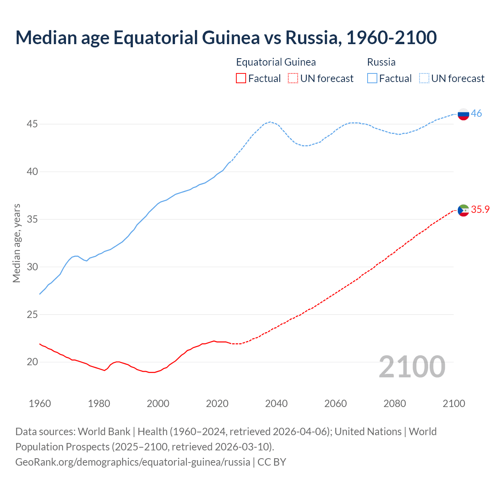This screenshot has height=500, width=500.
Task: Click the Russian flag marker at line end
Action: point(463,114)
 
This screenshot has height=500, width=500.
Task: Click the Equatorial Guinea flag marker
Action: point(463,210)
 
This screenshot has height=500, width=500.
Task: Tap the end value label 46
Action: point(476,114)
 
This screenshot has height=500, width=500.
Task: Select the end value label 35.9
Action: point(480,210)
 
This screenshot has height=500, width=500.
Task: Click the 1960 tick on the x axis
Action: point(40,404)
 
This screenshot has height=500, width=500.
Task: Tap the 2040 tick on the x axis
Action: point(276,404)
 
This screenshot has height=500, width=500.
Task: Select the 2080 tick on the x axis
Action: point(395,404)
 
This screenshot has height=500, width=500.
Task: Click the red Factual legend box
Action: point(241,79)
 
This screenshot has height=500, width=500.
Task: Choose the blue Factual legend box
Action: point(372,79)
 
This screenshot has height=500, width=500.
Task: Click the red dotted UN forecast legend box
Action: point(293,79)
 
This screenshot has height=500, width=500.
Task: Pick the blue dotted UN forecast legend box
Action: point(424,79)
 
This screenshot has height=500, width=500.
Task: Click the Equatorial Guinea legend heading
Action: point(276,62)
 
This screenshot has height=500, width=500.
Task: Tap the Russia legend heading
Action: point(381,62)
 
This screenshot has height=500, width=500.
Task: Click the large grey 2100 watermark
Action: point(412,366)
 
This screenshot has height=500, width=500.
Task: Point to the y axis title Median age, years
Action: point(16,243)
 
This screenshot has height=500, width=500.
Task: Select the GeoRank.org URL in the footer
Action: point(133,462)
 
